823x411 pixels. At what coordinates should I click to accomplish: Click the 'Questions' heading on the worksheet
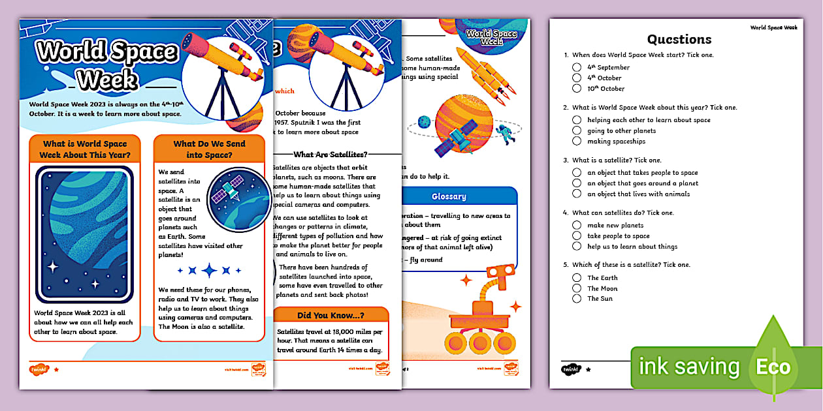[679, 39]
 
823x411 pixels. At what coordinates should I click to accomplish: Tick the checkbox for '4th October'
[577, 78]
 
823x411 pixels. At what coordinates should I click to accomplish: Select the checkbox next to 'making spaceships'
[577, 141]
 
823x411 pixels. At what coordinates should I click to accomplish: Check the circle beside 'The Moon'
[577, 288]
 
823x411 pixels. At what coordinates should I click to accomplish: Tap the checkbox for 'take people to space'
[577, 236]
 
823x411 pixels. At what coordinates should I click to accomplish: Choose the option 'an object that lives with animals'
[577, 194]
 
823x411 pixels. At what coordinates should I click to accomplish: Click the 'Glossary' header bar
[449, 196]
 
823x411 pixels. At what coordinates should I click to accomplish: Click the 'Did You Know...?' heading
[331, 315]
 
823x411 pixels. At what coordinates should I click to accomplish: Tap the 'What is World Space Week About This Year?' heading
[85, 149]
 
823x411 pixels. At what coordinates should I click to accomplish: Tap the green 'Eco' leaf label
[774, 367]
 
